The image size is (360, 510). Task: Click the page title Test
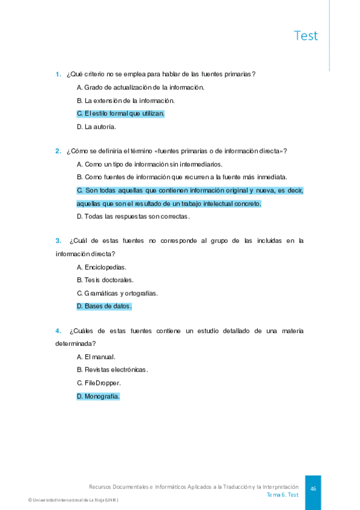pyautogui.click(x=306, y=35)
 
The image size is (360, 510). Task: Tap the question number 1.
pyautogui.click(x=58, y=74)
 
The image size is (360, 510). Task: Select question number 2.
pyautogui.click(x=58, y=151)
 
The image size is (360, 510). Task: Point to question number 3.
pyautogui.click(x=58, y=241)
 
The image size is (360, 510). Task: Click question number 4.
pyautogui.click(x=58, y=331)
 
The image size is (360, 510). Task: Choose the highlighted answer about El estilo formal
pyautogui.click(x=121, y=113)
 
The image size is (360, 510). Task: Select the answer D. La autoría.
pyautogui.click(x=96, y=127)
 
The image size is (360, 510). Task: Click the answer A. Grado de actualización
pyautogui.click(x=141, y=87)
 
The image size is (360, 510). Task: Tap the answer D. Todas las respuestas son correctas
pyautogui.click(x=133, y=217)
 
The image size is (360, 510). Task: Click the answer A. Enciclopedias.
pyautogui.click(x=102, y=267)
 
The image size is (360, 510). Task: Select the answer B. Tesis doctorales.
pyautogui.click(x=105, y=280)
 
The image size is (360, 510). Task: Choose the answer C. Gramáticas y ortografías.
pyautogui.click(x=117, y=293)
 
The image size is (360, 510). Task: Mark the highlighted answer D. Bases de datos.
pyautogui.click(x=104, y=306)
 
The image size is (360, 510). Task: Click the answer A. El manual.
pyautogui.click(x=96, y=357)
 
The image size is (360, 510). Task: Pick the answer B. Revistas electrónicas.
pyautogui.click(x=112, y=370)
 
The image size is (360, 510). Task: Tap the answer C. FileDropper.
pyautogui.click(x=99, y=383)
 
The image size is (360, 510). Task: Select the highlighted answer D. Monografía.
pyautogui.click(x=99, y=396)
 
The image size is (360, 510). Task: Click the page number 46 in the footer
pyautogui.click(x=313, y=489)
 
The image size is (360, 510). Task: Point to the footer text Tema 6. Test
pyautogui.click(x=282, y=495)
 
